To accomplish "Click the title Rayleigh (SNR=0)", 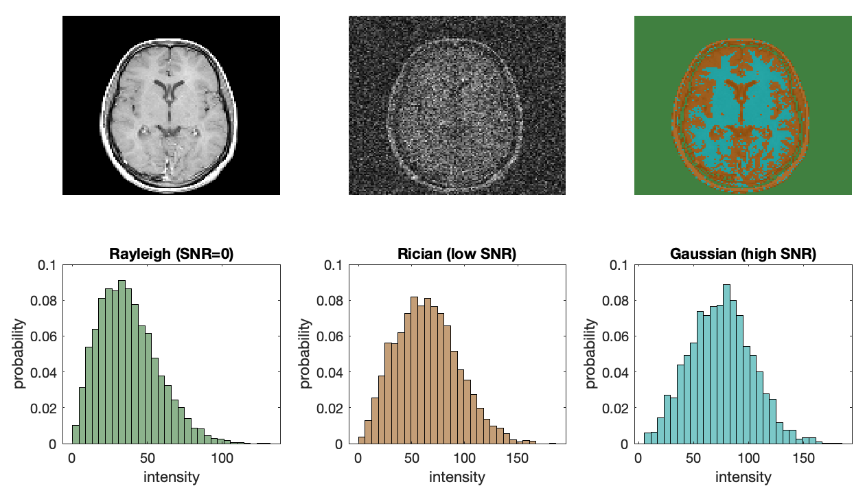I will click(171, 254).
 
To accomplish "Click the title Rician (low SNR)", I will click(457, 254).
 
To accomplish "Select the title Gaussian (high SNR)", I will click(743, 254).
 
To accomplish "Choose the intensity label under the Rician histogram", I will click(457, 477).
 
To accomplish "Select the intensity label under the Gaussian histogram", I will click(743, 477).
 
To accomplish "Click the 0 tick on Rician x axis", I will click(357, 458).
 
